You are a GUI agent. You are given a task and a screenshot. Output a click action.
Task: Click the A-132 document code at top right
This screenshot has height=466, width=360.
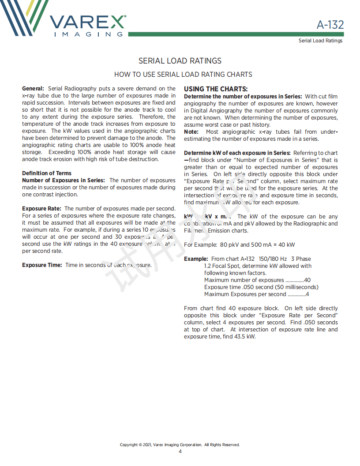[x=330, y=25]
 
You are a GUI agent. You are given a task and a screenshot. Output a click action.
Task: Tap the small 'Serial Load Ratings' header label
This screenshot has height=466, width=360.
[x=320, y=41]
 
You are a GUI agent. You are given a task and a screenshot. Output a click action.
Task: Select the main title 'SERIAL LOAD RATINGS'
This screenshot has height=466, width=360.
[x=180, y=61]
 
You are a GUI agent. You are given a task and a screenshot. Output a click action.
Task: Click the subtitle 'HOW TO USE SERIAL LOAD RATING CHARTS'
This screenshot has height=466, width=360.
[x=183, y=75]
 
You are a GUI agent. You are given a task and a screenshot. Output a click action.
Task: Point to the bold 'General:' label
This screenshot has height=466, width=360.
[x=33, y=89]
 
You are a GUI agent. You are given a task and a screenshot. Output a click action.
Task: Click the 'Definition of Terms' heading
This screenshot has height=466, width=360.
[x=47, y=173]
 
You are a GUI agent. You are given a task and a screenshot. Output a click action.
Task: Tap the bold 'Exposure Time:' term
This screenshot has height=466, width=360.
[x=42, y=265]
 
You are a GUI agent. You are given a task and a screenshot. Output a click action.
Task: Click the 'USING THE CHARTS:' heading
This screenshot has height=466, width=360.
[x=216, y=89]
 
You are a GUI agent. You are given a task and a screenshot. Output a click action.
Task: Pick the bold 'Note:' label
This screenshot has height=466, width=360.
[x=191, y=132]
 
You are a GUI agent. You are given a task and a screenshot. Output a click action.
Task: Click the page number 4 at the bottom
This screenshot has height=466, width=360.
[x=180, y=451]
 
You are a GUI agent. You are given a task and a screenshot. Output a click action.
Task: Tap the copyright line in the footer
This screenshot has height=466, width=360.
[x=180, y=445]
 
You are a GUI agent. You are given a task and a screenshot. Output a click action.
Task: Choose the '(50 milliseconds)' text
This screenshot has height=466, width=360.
[x=296, y=287]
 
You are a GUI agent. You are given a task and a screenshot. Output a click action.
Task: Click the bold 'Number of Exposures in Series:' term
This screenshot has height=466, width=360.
[x=64, y=180]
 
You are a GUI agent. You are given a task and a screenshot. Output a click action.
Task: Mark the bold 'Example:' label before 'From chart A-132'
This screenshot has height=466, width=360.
[x=196, y=259]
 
